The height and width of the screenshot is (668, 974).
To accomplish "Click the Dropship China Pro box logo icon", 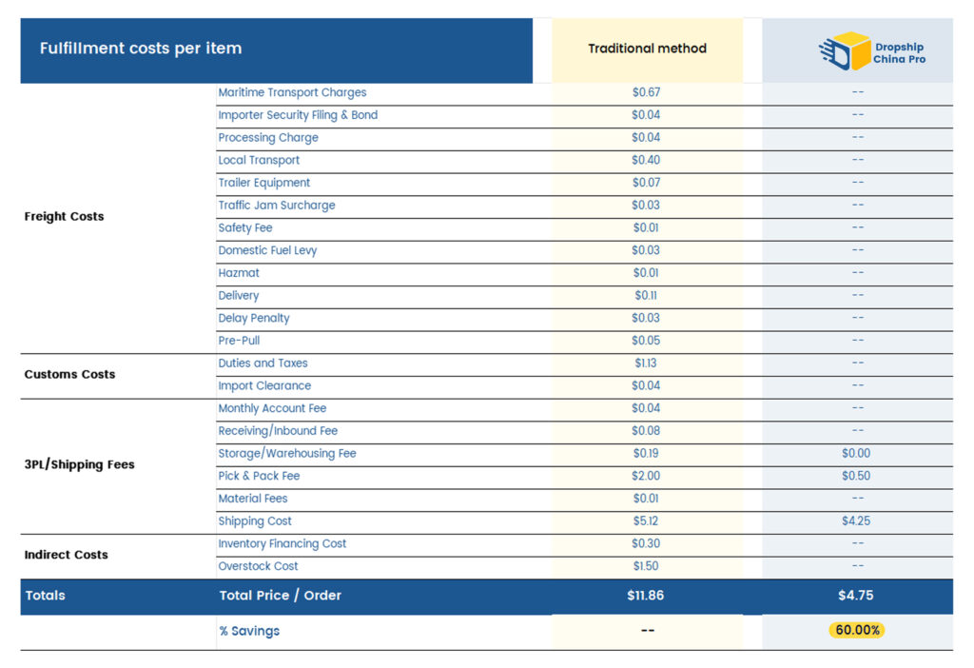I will coord(845,51).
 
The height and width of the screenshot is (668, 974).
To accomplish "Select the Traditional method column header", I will coord(647,49).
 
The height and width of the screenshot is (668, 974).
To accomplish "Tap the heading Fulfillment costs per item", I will coord(141,49).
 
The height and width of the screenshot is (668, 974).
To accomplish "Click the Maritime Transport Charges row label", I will coord(292,92).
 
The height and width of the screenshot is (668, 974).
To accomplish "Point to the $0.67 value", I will coord(646,92).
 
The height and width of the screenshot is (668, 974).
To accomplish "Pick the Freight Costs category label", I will coord(64,216).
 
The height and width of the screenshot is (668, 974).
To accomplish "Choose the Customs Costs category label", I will coord(69,374).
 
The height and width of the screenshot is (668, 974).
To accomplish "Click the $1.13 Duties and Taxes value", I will coord(646,363).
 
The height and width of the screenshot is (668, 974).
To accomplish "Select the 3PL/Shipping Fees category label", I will coord(79,464).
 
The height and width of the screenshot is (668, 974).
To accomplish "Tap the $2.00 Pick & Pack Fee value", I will coord(646,476).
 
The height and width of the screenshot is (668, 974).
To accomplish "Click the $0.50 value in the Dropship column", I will coord(856,476).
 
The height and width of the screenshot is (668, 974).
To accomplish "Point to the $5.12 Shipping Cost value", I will coord(646,521).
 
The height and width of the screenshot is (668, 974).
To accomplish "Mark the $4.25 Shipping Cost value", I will coord(856,521).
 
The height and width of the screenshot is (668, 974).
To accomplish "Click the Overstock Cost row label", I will coord(258,566).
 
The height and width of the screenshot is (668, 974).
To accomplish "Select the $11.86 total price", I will coord(646,596).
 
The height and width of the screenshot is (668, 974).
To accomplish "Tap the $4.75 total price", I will coord(856,596).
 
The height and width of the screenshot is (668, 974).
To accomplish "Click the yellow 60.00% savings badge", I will coord(856,630).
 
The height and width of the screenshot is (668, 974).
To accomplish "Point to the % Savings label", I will coord(249,631).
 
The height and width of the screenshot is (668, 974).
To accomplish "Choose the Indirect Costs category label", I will coord(66,555).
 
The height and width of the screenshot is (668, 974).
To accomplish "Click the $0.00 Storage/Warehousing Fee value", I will coord(856,453).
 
